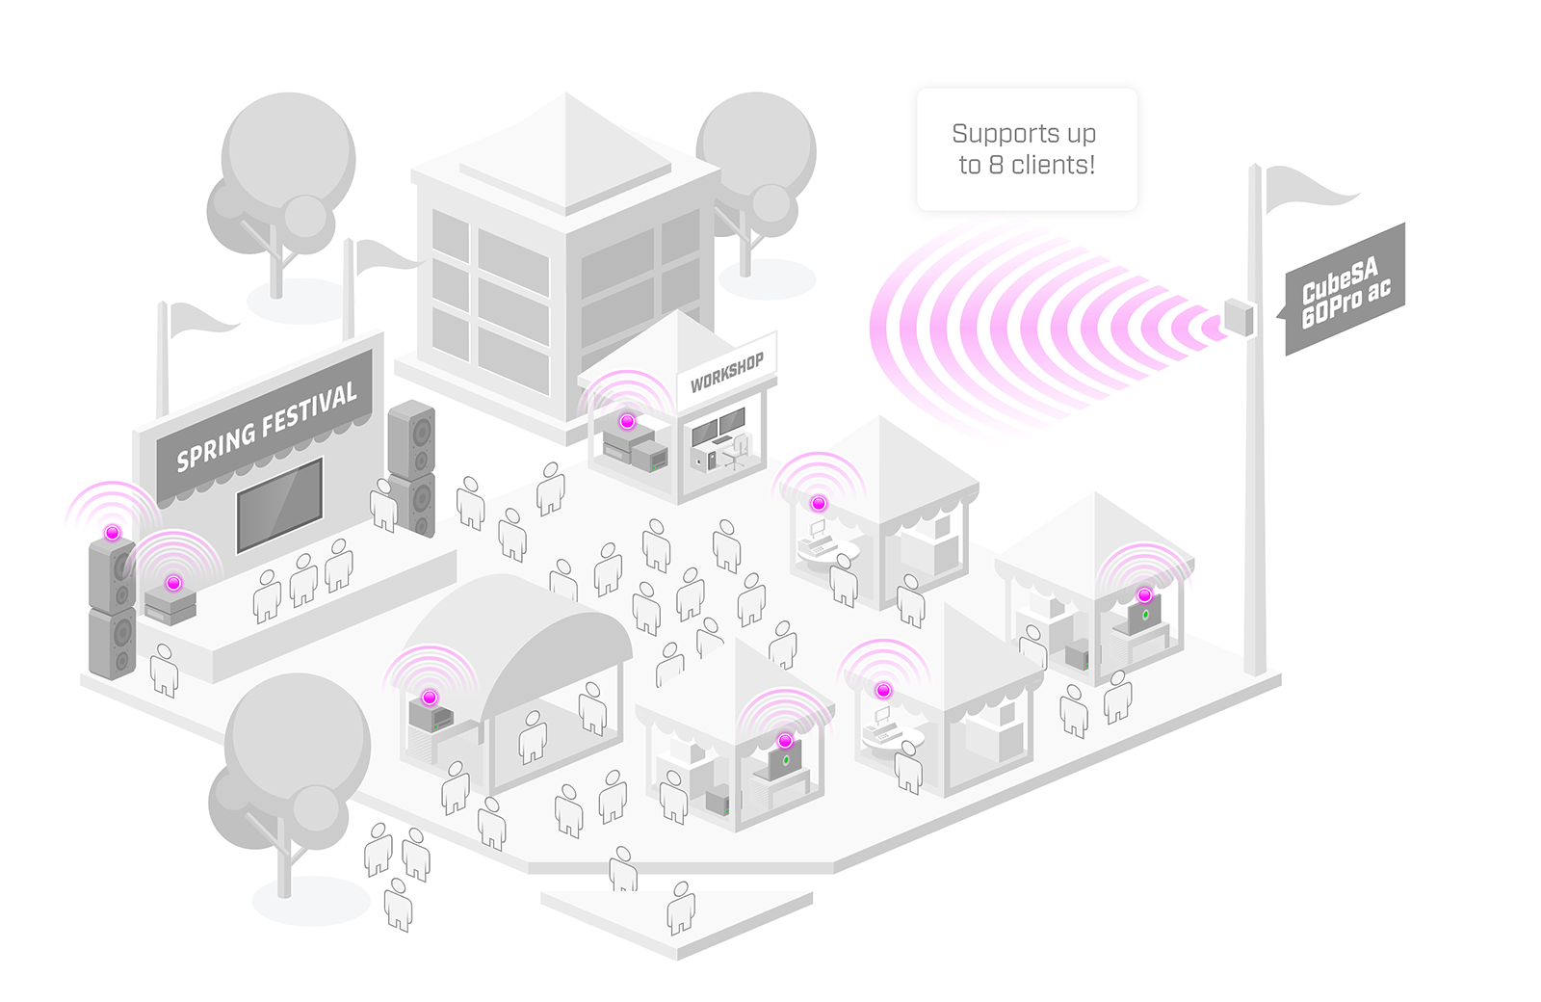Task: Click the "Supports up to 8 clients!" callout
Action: click(x=1027, y=149)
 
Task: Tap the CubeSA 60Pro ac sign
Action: click(x=1345, y=290)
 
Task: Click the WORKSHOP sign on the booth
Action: click(x=726, y=371)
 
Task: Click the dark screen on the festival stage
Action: click(x=279, y=505)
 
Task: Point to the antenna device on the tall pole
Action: click(x=1239, y=318)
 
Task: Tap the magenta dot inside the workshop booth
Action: click(x=627, y=422)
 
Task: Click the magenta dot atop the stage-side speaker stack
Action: click(x=113, y=533)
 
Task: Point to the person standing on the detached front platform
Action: click(x=681, y=908)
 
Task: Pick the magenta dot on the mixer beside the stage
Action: click(x=173, y=583)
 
